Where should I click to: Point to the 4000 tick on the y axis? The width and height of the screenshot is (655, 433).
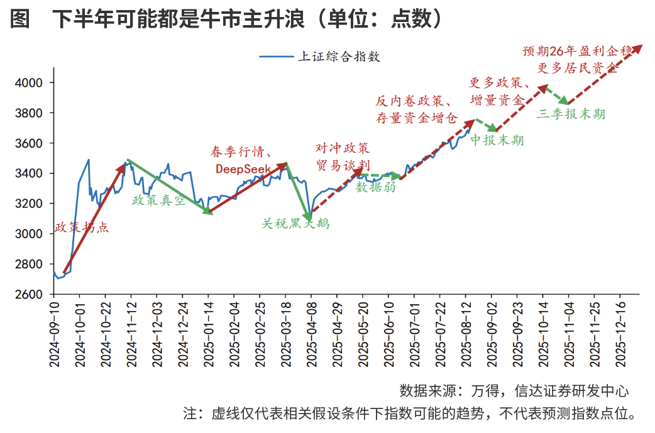click(29, 83)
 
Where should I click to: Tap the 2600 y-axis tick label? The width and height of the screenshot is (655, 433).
click(29, 294)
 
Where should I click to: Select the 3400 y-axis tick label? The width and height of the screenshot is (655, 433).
click(29, 173)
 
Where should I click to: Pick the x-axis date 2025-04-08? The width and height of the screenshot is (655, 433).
click(311, 334)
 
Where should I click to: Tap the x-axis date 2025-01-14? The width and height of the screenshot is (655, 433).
click(208, 334)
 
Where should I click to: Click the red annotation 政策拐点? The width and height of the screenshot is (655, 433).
click(82, 227)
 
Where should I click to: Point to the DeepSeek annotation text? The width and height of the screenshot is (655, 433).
click(243, 168)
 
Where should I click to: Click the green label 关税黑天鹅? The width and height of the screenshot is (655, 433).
click(295, 223)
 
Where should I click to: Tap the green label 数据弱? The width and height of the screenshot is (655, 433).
click(376, 187)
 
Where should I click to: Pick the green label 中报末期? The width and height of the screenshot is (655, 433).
click(497, 140)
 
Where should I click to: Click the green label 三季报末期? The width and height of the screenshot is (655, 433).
click(571, 114)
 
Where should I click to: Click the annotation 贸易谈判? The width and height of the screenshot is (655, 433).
click(343, 164)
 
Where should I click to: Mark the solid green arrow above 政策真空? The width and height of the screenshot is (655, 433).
click(168, 186)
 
